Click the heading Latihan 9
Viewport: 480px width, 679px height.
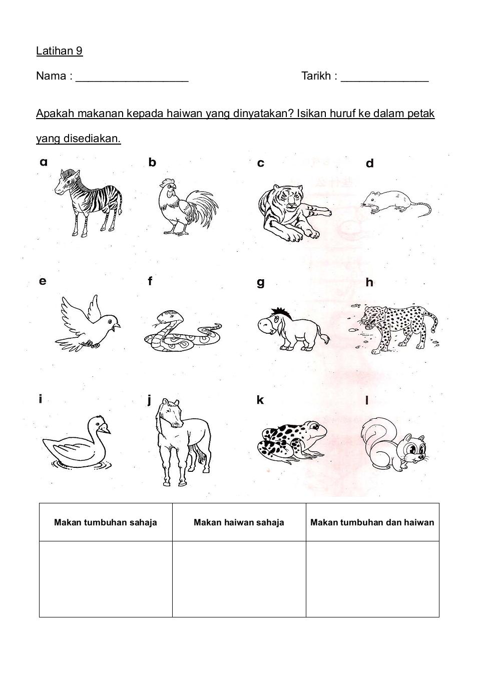click(x=59, y=51)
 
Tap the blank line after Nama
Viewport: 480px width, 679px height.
click(x=132, y=78)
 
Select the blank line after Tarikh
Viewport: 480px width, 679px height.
click(x=384, y=78)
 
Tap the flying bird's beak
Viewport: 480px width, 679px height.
click(x=117, y=327)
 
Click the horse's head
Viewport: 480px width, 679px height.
click(x=170, y=412)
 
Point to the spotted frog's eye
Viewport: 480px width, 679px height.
click(x=314, y=427)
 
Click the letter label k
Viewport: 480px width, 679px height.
click(x=260, y=400)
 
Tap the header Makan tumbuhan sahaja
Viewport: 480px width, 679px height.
click(x=106, y=522)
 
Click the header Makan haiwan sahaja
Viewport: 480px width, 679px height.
click(x=239, y=522)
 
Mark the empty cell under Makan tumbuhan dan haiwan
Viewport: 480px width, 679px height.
click(x=372, y=579)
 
